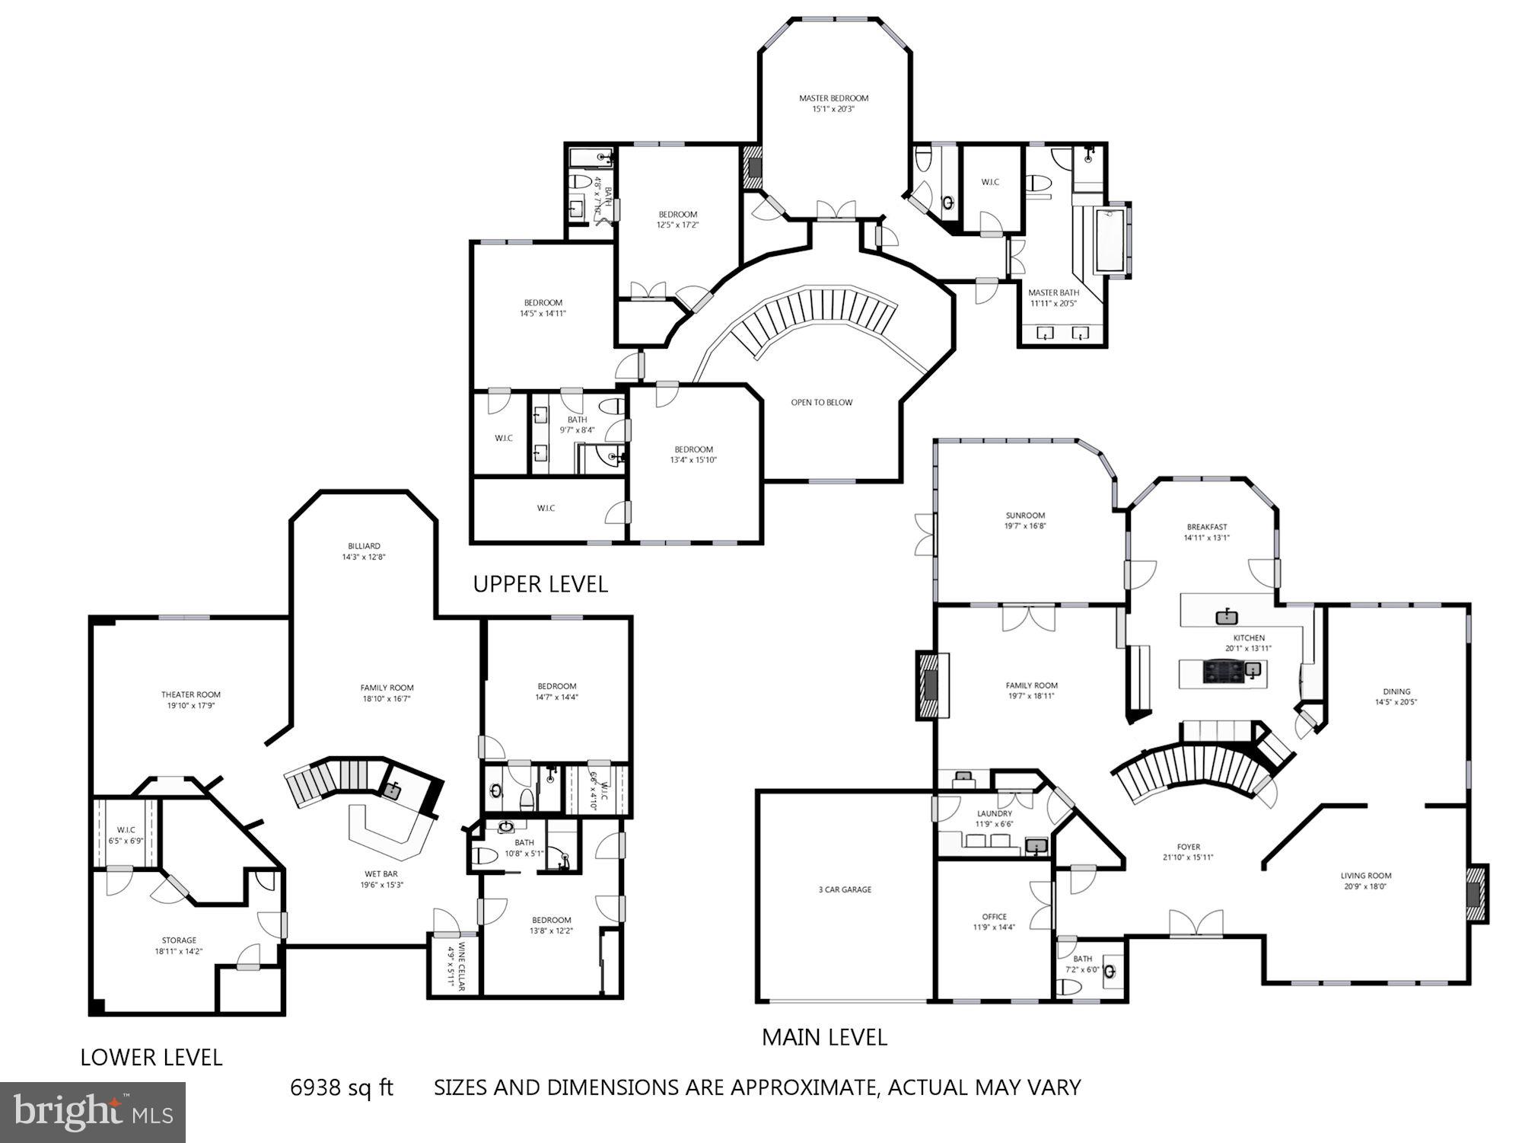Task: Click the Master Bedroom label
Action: coord(833,98)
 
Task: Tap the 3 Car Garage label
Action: coord(845,889)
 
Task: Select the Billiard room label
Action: coord(364,546)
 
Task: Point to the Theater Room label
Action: coord(190,694)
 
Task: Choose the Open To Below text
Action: coord(821,402)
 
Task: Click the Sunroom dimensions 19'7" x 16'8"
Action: coord(1025,526)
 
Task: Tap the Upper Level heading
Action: coord(540,584)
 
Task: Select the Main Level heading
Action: coord(824,1037)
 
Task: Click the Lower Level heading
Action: coord(151,1057)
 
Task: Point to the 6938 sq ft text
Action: coord(342,1087)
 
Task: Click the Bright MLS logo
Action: coord(93,1113)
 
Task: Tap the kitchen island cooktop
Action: coord(1221,671)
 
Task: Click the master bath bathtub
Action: coord(1113,241)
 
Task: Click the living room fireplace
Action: coord(1477,894)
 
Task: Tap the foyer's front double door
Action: coord(1196,924)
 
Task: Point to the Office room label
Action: coord(994,917)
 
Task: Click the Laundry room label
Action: coord(994,813)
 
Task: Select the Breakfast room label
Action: coord(1206,527)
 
